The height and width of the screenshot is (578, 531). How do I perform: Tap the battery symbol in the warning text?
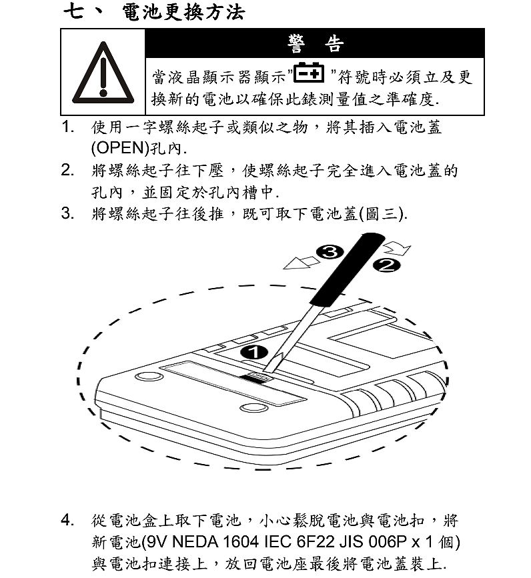(309, 73)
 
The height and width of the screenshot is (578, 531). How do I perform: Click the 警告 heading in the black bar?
(316, 43)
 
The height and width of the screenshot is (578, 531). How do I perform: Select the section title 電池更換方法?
(183, 12)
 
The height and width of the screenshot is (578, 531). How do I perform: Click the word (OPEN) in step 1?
(120, 148)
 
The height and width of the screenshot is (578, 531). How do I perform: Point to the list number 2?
(67, 170)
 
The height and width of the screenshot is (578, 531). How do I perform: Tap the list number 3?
(67, 213)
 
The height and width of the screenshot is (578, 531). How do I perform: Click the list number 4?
(67, 520)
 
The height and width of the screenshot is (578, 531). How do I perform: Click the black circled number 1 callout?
(254, 353)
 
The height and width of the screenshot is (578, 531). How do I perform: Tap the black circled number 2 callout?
(386, 265)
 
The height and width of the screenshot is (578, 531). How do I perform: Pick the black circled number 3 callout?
(330, 252)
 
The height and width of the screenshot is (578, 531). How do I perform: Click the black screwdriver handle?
(347, 269)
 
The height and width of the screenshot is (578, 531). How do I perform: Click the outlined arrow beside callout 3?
(302, 263)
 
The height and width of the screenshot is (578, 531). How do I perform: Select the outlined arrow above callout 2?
(397, 249)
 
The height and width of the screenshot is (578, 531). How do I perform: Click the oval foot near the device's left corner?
(149, 377)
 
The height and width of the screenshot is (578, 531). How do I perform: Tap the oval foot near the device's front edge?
(253, 407)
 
